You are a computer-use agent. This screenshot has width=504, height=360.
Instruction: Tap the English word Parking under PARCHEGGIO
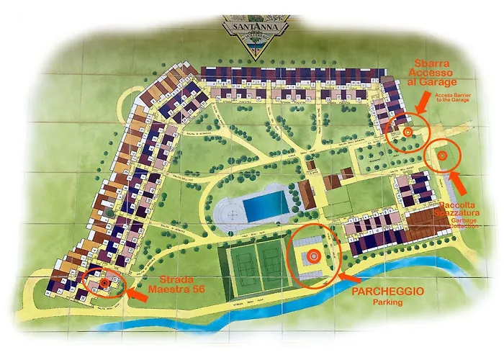[387, 303]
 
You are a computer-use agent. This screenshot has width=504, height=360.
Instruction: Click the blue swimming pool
[265, 202]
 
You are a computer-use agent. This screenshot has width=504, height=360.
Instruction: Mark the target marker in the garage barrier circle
[407, 132]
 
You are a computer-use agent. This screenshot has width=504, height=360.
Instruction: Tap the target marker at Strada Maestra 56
[105, 283]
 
